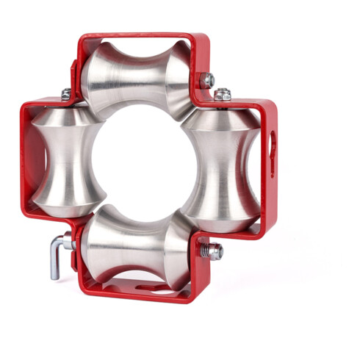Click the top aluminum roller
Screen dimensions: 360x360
coord(138,76)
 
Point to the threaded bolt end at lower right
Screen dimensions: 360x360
coord(214,251)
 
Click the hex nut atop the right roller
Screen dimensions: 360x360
coord(223,94)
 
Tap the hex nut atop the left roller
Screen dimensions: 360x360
coord(66,94)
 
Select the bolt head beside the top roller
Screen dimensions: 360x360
coord(209,79)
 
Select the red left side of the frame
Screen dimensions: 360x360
coord(25,162)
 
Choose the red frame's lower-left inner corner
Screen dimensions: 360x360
coord(76,220)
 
